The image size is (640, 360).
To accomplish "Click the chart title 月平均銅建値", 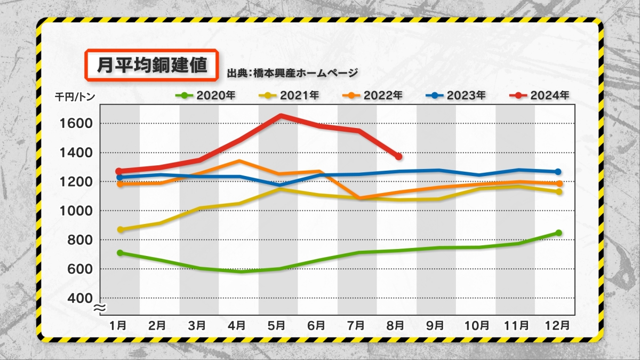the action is pyautogui.click(x=151, y=65).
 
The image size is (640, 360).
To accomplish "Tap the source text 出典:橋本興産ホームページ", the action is pyautogui.click(x=292, y=73).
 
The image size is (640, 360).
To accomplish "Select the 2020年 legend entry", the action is pyautogui.click(x=206, y=95).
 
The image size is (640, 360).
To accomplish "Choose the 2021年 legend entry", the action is pyautogui.click(x=289, y=95).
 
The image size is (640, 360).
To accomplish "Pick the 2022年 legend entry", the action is pyautogui.click(x=373, y=95).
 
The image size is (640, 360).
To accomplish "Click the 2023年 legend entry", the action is pyautogui.click(x=455, y=95).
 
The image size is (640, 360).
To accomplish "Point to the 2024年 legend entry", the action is pyautogui.click(x=539, y=95).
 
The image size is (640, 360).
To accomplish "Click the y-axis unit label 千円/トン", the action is pyautogui.click(x=75, y=97).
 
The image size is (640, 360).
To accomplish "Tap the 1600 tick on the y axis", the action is pyautogui.click(x=76, y=124).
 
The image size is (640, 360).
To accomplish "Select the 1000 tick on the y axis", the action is pyautogui.click(x=76, y=211).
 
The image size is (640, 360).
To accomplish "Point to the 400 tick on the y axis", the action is pyautogui.click(x=81, y=298).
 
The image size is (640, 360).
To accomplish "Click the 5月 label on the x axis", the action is pyautogui.click(x=276, y=325).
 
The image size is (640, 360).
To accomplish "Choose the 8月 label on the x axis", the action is pyautogui.click(x=395, y=325).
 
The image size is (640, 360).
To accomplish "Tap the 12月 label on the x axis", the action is pyautogui.click(x=557, y=325).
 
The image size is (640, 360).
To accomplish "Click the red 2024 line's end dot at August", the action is pyautogui.click(x=398, y=157).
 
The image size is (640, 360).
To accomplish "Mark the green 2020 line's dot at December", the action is pyautogui.click(x=558, y=233).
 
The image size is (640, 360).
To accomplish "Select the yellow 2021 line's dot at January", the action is pyautogui.click(x=121, y=229).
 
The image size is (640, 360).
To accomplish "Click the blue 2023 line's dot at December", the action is pyautogui.click(x=558, y=172).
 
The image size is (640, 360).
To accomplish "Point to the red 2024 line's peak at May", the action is pyautogui.click(x=281, y=116).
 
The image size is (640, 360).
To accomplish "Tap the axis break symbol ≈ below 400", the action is pyautogui.click(x=100, y=308).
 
